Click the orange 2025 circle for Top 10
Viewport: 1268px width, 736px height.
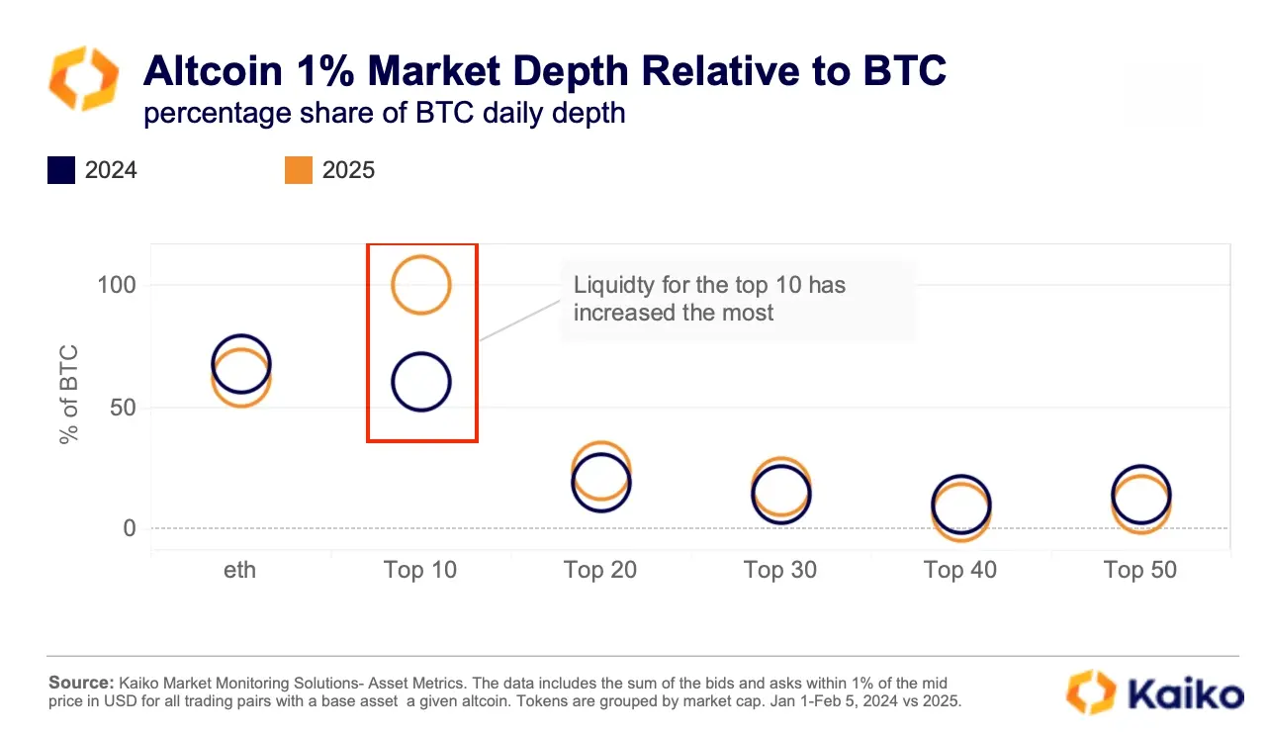click(421, 285)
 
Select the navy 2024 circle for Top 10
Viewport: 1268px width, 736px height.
click(421, 382)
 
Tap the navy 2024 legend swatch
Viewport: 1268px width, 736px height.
click(61, 170)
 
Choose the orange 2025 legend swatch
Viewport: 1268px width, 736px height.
click(299, 170)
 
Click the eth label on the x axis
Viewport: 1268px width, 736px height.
click(239, 570)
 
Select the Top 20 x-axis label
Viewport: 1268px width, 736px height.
click(600, 570)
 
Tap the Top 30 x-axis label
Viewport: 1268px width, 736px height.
click(780, 570)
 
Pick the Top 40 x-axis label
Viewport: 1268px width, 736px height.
click(960, 570)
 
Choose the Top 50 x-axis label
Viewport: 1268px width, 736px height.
click(1140, 570)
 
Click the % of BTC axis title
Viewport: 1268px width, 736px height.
click(69, 394)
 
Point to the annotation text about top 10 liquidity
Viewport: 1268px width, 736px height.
click(709, 299)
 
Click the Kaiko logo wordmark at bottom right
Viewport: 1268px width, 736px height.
click(1177, 691)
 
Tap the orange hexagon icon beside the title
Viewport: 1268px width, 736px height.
click(84, 78)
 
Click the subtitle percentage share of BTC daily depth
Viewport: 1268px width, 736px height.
click(385, 113)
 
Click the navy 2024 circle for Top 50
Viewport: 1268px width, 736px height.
click(1141, 494)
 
